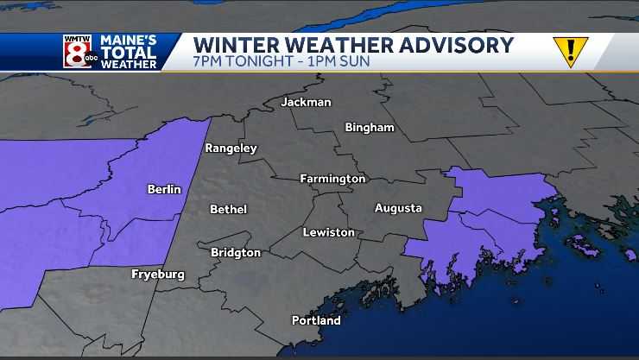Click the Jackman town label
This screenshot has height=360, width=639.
pyautogui.click(x=306, y=102)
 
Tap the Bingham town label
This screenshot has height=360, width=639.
pyautogui.click(x=369, y=128)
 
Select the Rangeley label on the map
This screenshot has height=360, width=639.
pyautogui.click(x=231, y=148)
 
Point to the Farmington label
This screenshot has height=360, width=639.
pyautogui.click(x=332, y=179)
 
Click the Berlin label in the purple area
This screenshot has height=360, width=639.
pyautogui.click(x=164, y=189)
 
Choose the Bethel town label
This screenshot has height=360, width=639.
pyautogui.click(x=228, y=210)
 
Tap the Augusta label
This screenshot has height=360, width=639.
pyautogui.click(x=398, y=208)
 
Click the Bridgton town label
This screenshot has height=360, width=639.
pyautogui.click(x=236, y=253)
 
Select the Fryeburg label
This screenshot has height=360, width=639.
pyautogui.click(x=157, y=275)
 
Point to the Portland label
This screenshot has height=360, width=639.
pyautogui.click(x=315, y=320)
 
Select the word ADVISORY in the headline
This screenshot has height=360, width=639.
pyautogui.click(x=456, y=45)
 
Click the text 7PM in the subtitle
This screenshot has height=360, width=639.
pyautogui.click(x=208, y=63)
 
